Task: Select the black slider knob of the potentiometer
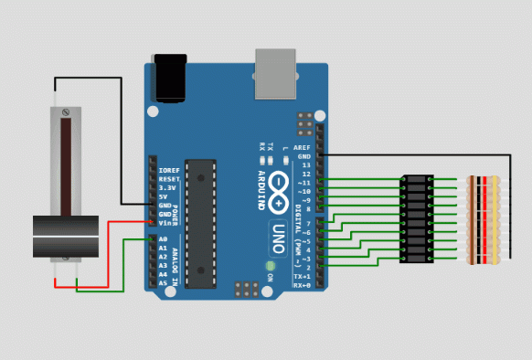[x=65, y=236]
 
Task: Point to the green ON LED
[x=271, y=267]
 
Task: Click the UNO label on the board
[x=281, y=240]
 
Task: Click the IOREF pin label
[x=169, y=170]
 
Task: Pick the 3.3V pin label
[x=167, y=187]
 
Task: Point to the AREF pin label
[x=302, y=147]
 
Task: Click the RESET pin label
[x=169, y=179]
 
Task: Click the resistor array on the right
[x=483, y=220]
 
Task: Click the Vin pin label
[x=166, y=222]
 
